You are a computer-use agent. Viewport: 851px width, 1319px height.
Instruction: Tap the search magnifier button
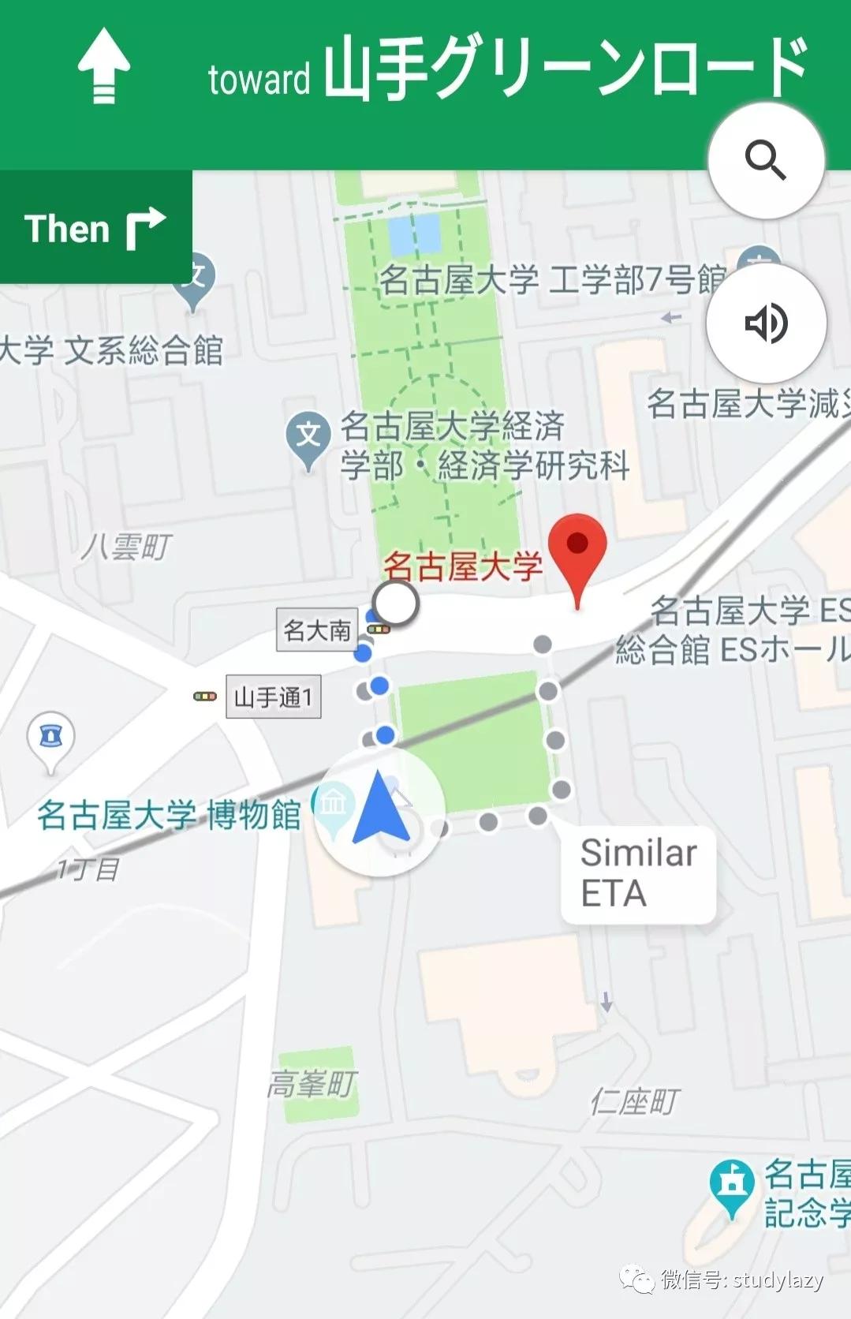766,160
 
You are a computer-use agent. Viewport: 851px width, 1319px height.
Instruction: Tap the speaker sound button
766,323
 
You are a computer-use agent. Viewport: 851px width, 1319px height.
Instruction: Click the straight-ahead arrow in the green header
103,65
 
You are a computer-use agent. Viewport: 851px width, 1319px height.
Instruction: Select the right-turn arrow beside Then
145,229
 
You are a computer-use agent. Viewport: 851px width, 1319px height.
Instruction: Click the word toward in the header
259,80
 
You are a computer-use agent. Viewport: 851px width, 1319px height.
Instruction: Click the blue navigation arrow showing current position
381,808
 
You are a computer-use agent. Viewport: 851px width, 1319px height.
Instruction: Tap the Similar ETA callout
638,873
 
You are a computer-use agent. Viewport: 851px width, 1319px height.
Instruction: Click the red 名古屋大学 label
463,566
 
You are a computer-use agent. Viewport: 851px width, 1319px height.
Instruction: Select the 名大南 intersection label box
316,630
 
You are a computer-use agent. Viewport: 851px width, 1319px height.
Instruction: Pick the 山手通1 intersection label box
273,697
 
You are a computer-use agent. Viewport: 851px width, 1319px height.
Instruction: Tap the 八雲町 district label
126,546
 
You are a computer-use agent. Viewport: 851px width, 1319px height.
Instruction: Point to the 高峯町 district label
312,1084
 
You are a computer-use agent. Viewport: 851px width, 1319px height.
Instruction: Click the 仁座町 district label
634,1101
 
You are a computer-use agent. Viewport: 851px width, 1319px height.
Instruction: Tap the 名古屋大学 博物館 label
169,815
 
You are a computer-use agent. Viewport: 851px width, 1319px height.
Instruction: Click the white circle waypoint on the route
396,604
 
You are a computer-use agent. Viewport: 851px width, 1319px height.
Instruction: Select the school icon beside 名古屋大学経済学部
308,436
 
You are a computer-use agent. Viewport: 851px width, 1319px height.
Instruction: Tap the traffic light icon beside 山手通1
205,697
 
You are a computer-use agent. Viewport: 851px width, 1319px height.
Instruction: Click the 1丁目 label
88,869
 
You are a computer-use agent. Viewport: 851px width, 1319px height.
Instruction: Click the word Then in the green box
67,229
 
